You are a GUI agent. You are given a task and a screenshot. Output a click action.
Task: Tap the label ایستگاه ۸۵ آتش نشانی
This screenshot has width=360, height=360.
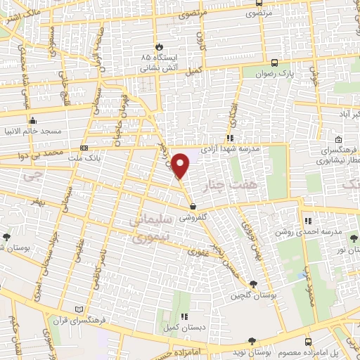coord(155,63)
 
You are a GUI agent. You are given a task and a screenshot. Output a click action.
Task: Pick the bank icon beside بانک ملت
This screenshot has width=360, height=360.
coord(85,148)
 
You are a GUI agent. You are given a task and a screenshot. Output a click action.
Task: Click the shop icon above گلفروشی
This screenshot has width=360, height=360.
coord(193,207)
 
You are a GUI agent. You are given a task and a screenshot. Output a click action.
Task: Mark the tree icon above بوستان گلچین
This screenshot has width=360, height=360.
coord(253,283)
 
